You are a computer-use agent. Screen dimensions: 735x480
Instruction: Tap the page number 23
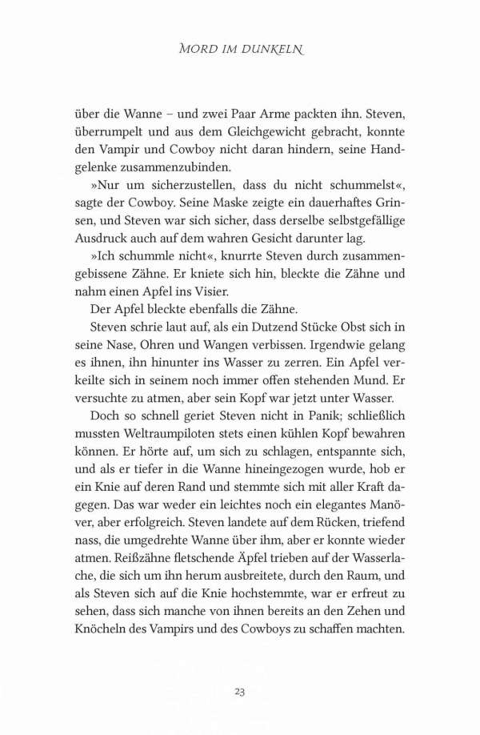click(239, 691)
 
